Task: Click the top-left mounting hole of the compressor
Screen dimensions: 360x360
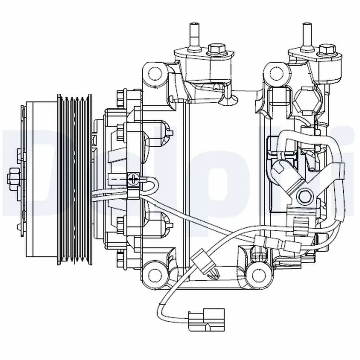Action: (155, 73)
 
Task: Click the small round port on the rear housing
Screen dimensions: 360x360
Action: (306, 196)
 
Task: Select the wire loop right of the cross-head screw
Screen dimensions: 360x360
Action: (153, 184)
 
